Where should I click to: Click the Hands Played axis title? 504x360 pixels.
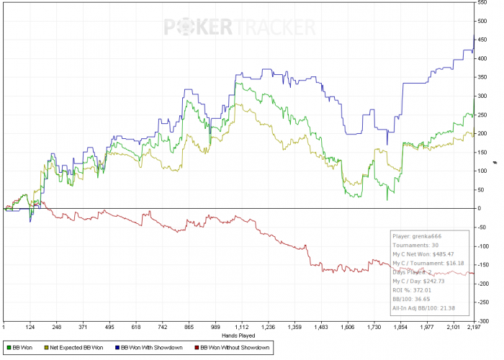click(238, 334)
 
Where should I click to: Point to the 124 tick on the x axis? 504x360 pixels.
click(31, 327)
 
